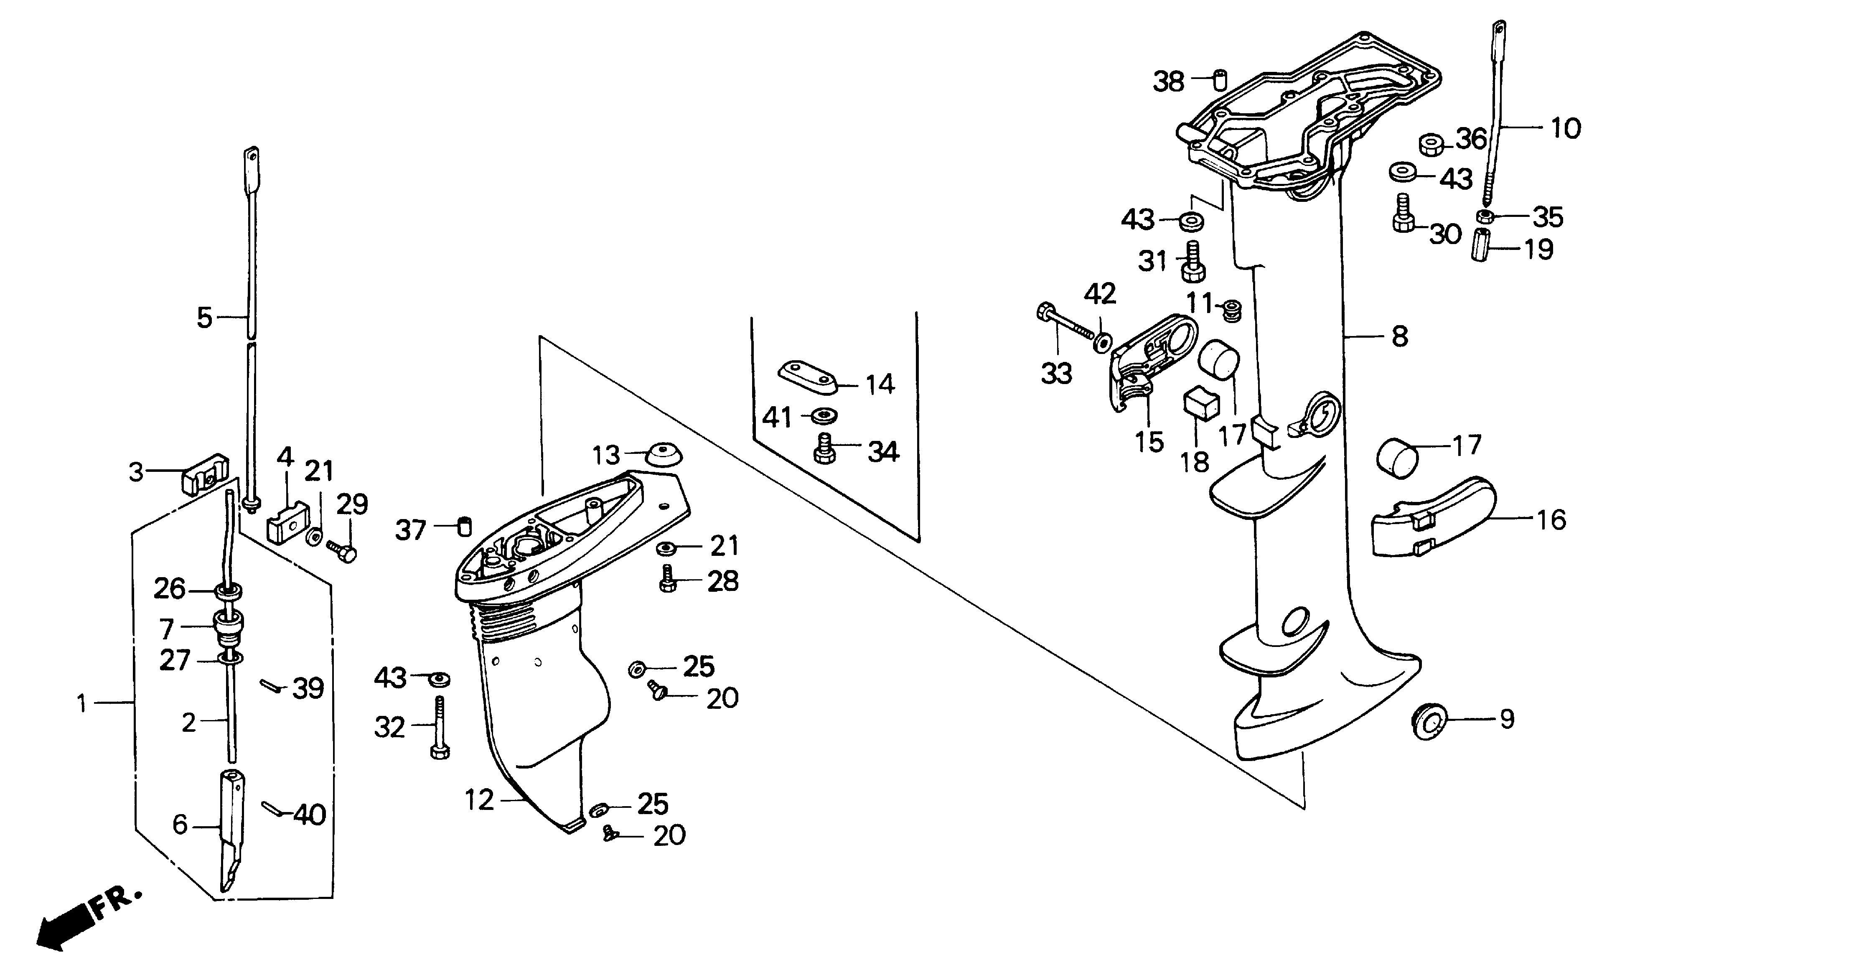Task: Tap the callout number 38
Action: tap(1168, 82)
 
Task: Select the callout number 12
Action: tap(479, 800)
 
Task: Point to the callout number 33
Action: tap(1056, 374)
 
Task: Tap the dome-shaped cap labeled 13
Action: tap(664, 455)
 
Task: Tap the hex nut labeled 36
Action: tap(1431, 145)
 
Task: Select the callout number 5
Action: tap(205, 317)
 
